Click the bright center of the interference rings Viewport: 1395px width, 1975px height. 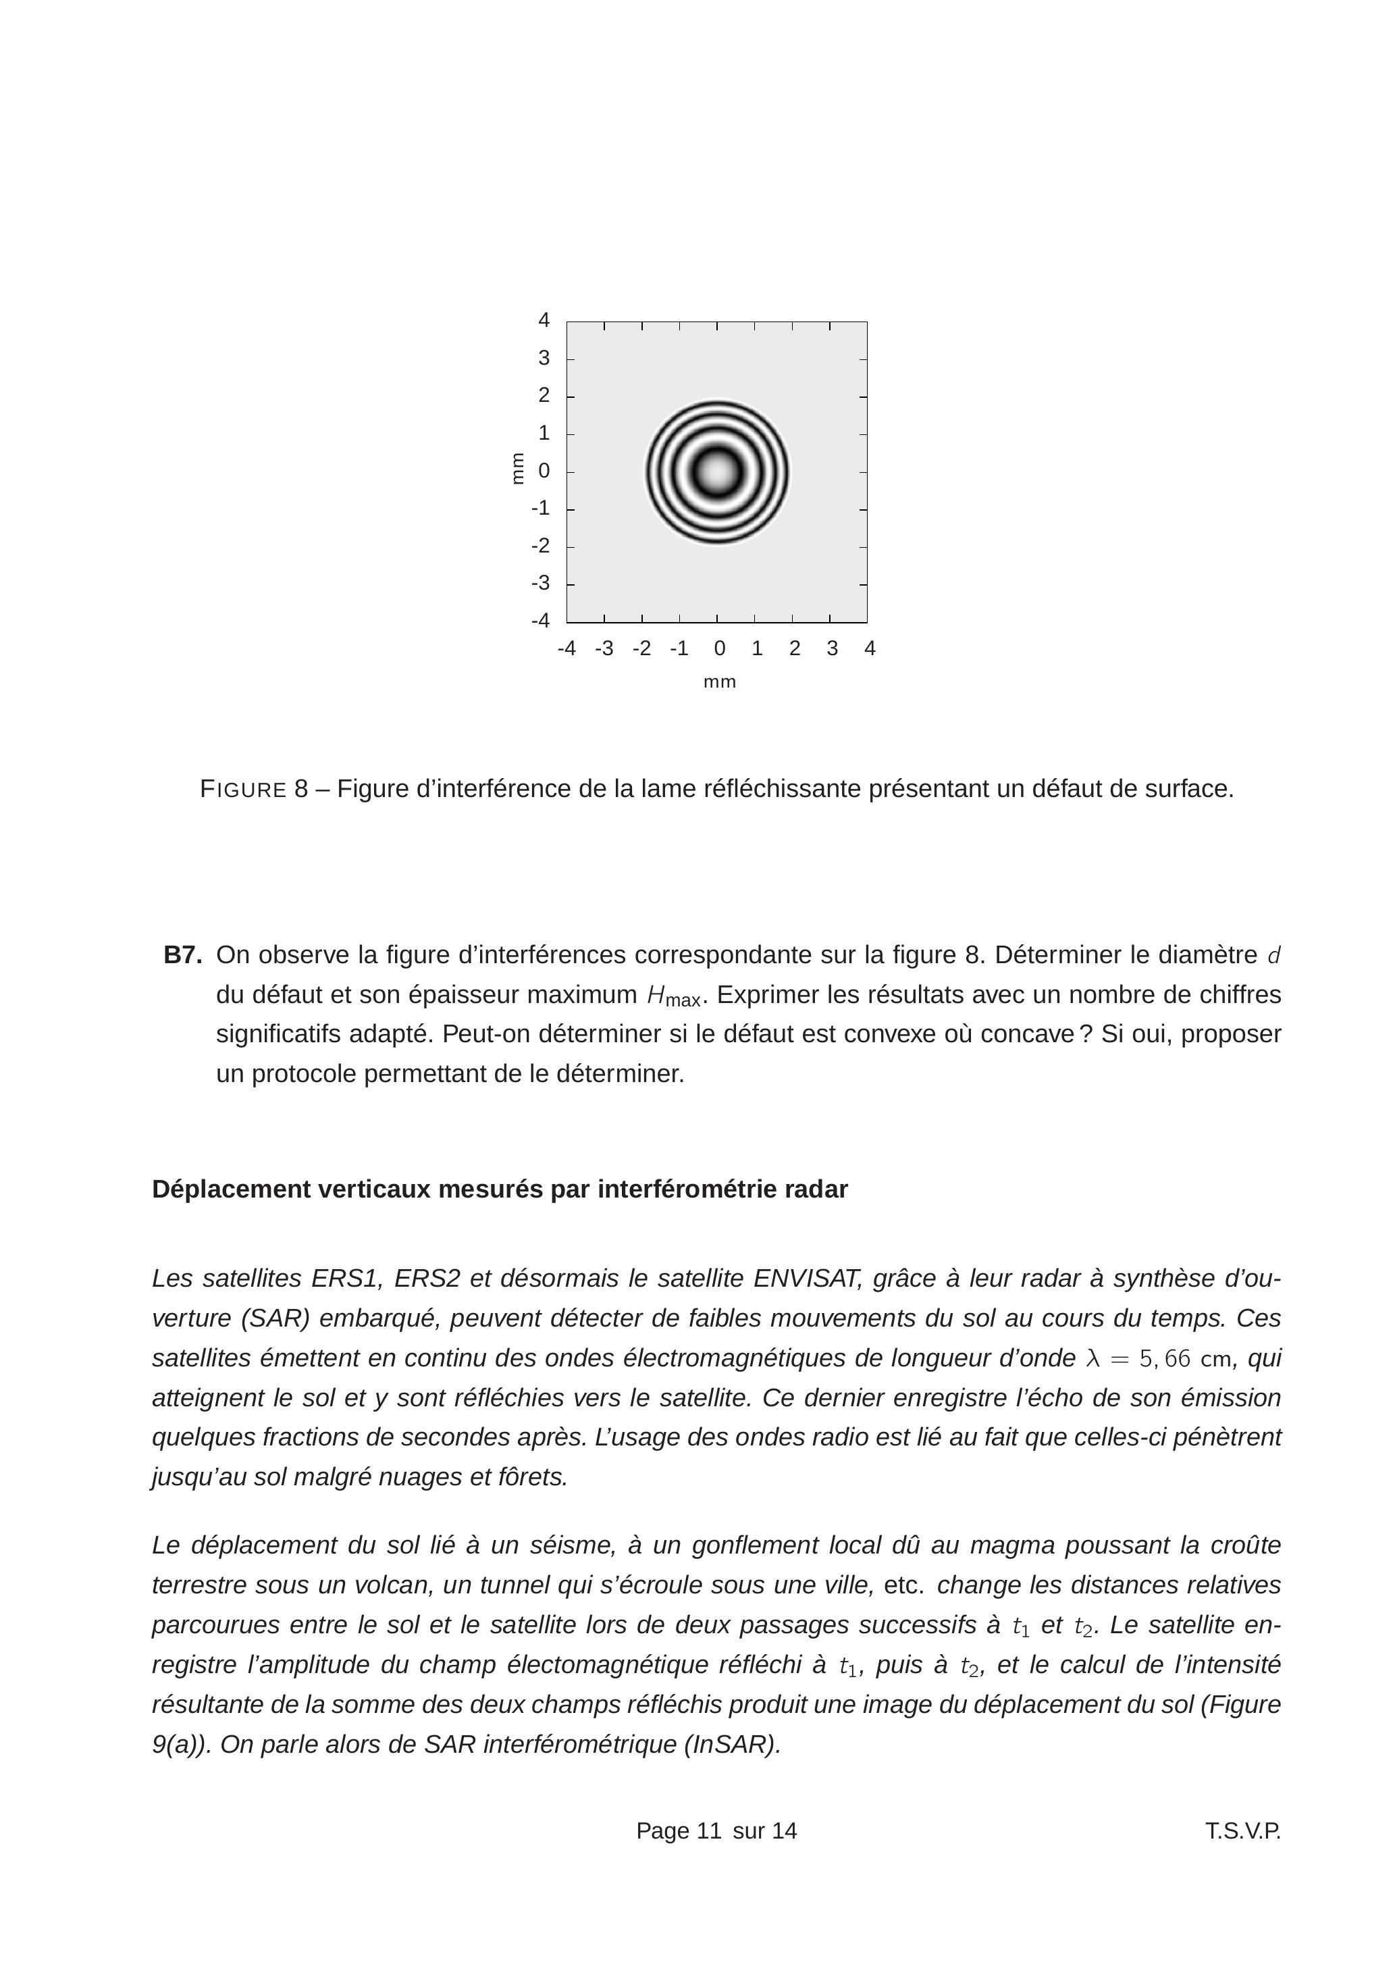tap(716, 471)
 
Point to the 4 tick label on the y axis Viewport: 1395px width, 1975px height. tap(544, 320)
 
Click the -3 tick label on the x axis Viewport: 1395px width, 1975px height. tap(604, 648)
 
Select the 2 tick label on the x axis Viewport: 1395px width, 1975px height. tap(794, 648)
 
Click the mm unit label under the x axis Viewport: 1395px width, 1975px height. tap(720, 682)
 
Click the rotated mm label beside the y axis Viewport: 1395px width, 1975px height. tap(517, 469)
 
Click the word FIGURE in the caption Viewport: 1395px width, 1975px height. tap(242, 789)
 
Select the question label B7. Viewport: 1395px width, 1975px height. tap(182, 955)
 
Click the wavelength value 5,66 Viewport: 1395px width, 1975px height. tap(1165, 1358)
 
